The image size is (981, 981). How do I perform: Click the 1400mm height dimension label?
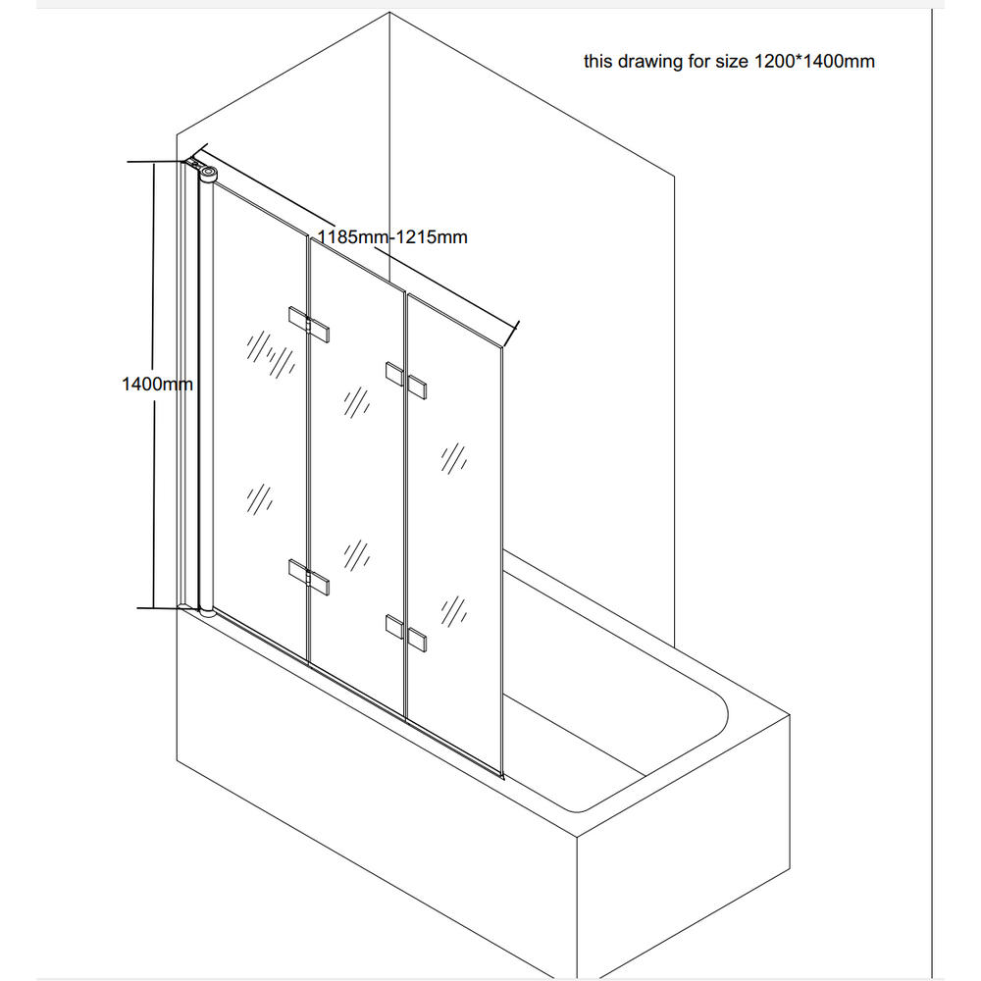[x=157, y=384]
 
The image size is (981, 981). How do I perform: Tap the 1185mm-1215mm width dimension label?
[x=392, y=237]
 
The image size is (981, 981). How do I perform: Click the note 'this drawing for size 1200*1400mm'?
[x=729, y=61]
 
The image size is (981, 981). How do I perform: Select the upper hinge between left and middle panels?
[x=309, y=324]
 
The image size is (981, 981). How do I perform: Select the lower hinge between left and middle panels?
[x=309, y=578]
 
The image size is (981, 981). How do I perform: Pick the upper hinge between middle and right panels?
[x=406, y=381]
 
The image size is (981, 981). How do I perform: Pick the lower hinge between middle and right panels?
[x=406, y=633]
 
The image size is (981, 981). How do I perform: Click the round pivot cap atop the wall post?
[x=208, y=172]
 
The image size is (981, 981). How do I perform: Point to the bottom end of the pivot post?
[x=207, y=612]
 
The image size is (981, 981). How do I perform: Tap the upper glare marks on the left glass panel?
[x=271, y=355]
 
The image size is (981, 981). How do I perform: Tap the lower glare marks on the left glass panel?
[x=259, y=499]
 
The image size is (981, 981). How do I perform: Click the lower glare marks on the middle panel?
[x=357, y=555]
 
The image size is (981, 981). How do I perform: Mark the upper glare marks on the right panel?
[x=453, y=458]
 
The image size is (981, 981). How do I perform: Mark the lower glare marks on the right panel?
[x=453, y=611]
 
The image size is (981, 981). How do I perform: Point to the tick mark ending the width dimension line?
[x=511, y=335]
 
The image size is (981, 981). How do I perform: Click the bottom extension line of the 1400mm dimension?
[x=159, y=608]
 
